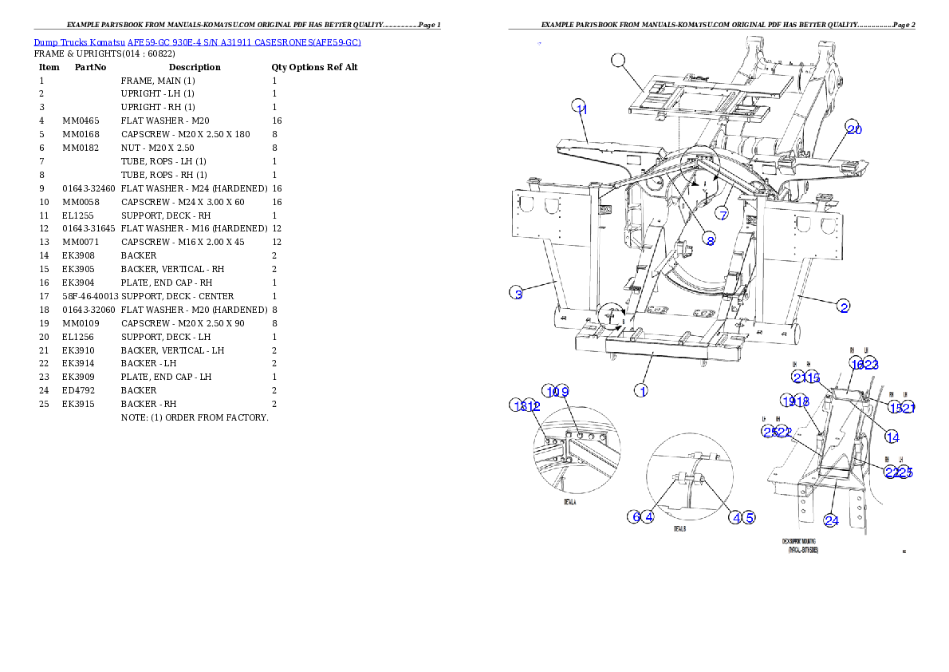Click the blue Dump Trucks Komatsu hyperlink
(x=197, y=42)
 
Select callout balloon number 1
(x=640, y=390)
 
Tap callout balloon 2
(x=843, y=306)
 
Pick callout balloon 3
(x=517, y=294)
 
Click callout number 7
(x=723, y=214)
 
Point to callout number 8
(x=709, y=239)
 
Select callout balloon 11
(x=581, y=109)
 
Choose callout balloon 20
(x=854, y=128)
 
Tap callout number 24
(x=831, y=520)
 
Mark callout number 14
(x=892, y=437)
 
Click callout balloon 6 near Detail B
(x=635, y=516)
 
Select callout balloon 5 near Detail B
(x=748, y=517)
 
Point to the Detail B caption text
(x=679, y=529)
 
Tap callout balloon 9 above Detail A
(x=563, y=391)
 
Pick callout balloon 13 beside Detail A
(x=518, y=405)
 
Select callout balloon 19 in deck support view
(x=789, y=401)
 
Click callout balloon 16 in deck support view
(x=856, y=364)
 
